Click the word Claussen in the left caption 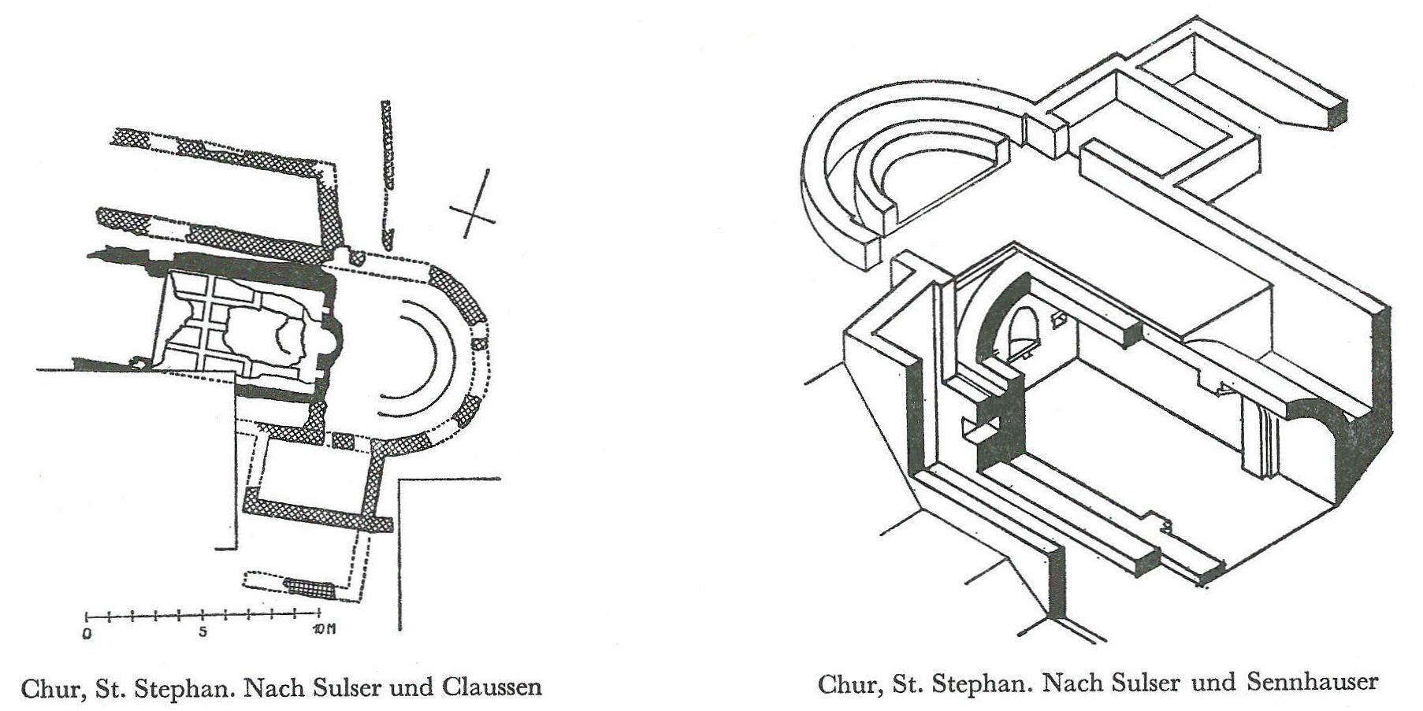pos(493,687)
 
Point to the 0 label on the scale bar pos(87,632)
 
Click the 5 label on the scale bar pos(203,632)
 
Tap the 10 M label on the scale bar pos(323,631)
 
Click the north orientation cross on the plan pos(474,205)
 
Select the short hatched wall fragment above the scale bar pos(310,586)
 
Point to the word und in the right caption pos(1214,683)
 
